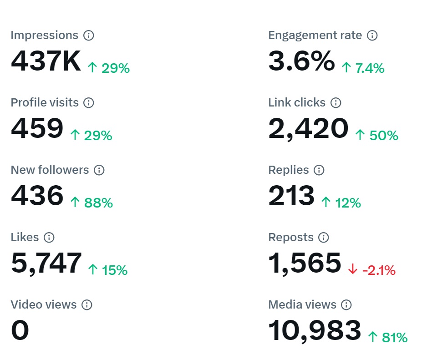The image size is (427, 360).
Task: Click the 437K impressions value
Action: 46,61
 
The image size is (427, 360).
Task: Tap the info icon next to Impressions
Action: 89,35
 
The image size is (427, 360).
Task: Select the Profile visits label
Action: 45,103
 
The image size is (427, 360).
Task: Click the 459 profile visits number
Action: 37,129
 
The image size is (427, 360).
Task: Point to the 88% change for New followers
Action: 92,203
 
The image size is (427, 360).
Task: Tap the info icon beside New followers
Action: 99,170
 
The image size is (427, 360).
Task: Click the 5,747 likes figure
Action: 46,264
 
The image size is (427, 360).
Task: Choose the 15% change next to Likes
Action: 108,270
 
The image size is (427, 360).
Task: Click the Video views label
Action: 43,305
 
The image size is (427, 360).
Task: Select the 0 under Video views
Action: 20,331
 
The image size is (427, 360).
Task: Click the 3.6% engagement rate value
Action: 301,61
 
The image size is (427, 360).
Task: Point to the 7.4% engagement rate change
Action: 363,68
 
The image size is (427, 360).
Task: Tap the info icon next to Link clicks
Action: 335,103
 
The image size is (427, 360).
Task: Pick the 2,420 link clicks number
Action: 308,129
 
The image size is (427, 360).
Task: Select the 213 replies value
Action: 291,196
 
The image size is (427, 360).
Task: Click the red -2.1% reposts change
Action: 372,270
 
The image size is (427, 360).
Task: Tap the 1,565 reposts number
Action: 305,264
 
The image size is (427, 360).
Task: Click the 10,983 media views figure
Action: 315,331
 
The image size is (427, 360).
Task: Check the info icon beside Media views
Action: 346,305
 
